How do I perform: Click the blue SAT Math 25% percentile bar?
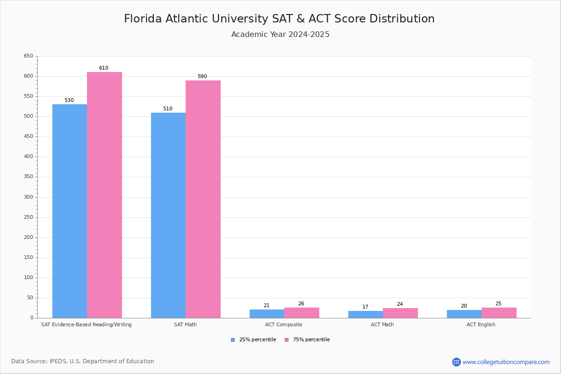click(168, 215)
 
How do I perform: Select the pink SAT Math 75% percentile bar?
click(203, 199)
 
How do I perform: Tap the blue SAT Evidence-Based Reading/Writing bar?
click(70, 211)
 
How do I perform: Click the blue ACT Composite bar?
click(267, 314)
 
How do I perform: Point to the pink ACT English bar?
click(499, 313)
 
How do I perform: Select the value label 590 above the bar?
click(202, 77)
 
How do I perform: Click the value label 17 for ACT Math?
click(365, 307)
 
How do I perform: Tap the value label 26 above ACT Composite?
click(301, 304)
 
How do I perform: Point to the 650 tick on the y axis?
click(29, 56)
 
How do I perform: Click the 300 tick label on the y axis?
click(29, 197)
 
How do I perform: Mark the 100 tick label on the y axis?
click(29, 278)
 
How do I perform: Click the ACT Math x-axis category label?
click(382, 324)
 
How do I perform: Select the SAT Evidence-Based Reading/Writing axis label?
click(86, 324)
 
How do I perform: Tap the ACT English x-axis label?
click(481, 324)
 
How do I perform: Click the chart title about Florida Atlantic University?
click(279, 19)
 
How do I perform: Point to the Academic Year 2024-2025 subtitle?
click(280, 35)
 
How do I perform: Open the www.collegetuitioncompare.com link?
click(506, 362)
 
